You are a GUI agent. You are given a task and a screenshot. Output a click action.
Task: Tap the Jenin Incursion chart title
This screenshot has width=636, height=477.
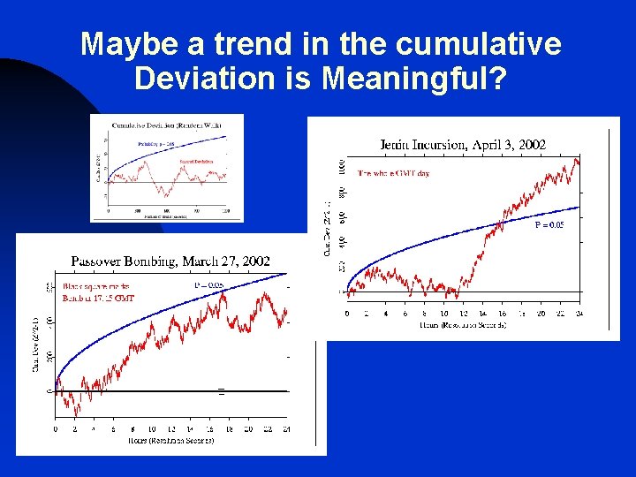tap(463, 144)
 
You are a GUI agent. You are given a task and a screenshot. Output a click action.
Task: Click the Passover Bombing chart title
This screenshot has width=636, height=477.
tap(170, 261)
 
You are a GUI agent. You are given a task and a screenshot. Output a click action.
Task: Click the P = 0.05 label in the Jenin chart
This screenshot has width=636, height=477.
tap(549, 225)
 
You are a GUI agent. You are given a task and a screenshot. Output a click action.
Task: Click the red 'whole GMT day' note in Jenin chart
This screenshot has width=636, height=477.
tap(394, 173)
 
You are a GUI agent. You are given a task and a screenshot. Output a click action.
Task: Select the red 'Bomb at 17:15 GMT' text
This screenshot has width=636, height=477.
tap(98, 299)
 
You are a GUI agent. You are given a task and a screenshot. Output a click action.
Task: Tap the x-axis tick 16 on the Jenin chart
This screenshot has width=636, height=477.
tap(502, 314)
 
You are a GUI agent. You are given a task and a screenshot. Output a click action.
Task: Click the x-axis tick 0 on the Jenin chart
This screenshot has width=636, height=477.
tap(347, 314)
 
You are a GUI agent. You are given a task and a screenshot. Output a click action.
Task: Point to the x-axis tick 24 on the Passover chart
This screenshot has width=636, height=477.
tap(285, 429)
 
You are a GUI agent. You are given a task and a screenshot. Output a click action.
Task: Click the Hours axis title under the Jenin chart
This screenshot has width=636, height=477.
tap(463, 325)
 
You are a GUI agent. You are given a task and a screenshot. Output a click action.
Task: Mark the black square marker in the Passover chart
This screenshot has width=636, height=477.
tap(221, 390)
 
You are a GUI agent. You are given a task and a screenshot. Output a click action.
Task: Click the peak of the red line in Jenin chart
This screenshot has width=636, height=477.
tap(577, 159)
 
